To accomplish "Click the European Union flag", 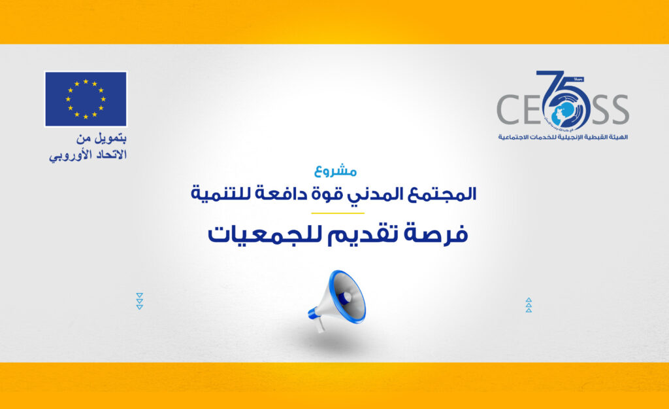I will pos(86,99).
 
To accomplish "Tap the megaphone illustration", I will pos(339,301).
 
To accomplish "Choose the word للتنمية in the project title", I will pos(221,194).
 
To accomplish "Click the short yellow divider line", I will pos(337,213).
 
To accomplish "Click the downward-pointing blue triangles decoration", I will pos(139,301).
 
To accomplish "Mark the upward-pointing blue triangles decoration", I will pos(529,305).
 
